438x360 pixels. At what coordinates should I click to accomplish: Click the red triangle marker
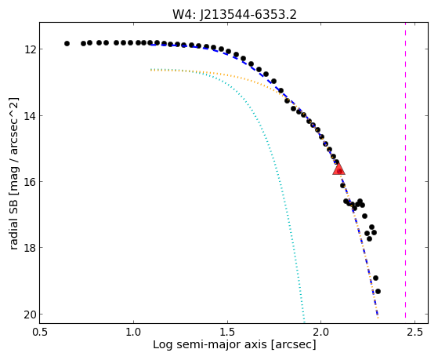[338, 169]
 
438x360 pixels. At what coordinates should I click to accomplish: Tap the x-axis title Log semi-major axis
[210, 344]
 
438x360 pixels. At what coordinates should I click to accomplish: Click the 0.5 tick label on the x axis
[40, 332]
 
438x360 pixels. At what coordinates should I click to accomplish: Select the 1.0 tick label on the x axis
[133, 332]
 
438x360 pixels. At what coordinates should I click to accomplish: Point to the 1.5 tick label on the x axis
[227, 332]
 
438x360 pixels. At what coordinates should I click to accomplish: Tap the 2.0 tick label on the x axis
[321, 332]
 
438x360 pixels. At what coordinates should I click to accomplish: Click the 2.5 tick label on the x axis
[414, 332]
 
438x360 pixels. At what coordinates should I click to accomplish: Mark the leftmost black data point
[67, 43]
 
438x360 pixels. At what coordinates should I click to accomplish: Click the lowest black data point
[378, 291]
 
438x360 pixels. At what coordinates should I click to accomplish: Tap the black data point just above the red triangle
[337, 162]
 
